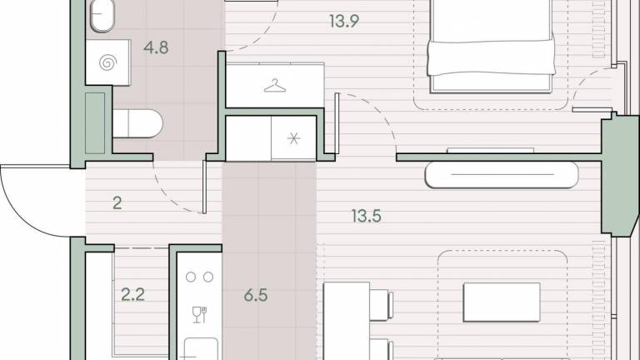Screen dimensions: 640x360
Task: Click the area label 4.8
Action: click(x=156, y=47)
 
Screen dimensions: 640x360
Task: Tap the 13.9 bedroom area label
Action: click(x=344, y=21)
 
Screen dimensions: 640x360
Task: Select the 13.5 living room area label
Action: click(x=366, y=216)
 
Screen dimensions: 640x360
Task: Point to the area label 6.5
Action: click(x=256, y=295)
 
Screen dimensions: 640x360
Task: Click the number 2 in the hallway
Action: click(x=117, y=202)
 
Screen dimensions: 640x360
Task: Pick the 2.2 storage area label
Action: click(x=132, y=294)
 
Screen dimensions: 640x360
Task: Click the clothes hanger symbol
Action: click(x=275, y=86)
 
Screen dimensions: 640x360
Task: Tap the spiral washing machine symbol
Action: click(x=107, y=62)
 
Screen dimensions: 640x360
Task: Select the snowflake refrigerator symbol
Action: click(x=293, y=139)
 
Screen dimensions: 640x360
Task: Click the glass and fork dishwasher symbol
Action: click(x=200, y=315)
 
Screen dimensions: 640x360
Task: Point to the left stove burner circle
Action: click(x=191, y=277)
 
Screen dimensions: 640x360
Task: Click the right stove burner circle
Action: click(x=208, y=277)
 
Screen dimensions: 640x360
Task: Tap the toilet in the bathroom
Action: click(x=137, y=123)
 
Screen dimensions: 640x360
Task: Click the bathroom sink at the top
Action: click(x=102, y=15)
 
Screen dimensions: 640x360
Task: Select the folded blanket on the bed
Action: click(x=492, y=57)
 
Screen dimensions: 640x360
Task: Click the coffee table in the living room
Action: click(x=502, y=302)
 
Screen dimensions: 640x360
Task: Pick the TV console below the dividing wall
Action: click(x=502, y=175)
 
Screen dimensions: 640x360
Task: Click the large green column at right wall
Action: click(x=619, y=174)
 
